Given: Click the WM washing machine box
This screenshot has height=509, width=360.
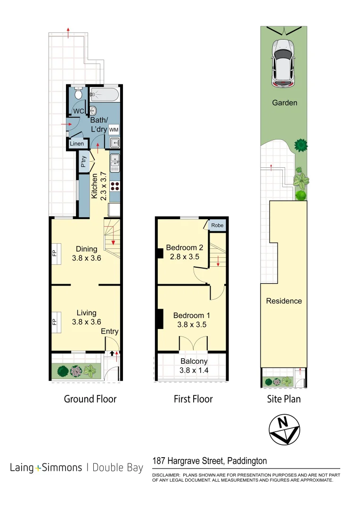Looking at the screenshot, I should pos(114,129).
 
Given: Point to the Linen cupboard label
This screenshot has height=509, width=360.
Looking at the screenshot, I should pos(77,144).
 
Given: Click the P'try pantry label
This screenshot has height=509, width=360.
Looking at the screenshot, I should pos(83,163).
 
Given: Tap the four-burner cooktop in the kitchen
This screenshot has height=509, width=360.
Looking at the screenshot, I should pos(115,186).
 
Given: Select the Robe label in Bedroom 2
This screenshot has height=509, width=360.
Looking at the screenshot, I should pos(217,225).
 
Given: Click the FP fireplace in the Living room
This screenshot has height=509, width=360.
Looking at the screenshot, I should pos(54,323).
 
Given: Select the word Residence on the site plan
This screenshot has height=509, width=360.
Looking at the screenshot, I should pos(284,301).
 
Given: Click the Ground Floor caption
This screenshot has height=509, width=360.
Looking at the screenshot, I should pos(90,399).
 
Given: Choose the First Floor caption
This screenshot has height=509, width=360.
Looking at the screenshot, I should pos(193,399).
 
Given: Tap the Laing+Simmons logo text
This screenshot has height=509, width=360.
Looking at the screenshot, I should pos(46,468).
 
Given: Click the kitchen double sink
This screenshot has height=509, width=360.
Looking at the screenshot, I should pos(115,163).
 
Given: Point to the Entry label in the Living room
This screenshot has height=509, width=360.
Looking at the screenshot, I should pos(109,331).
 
